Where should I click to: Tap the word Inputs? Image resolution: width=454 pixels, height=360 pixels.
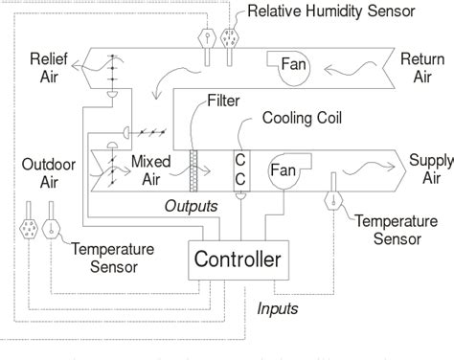(280, 308)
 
